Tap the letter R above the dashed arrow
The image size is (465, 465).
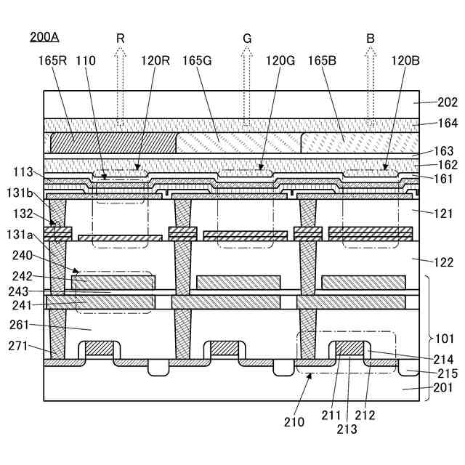coord(121,38)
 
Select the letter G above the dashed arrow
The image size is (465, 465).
coord(246,38)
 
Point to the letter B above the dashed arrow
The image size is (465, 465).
coord(371,38)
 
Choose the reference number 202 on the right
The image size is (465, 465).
coord(446,103)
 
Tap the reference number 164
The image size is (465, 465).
coord(446,124)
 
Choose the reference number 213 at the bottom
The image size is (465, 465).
coord(347,429)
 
